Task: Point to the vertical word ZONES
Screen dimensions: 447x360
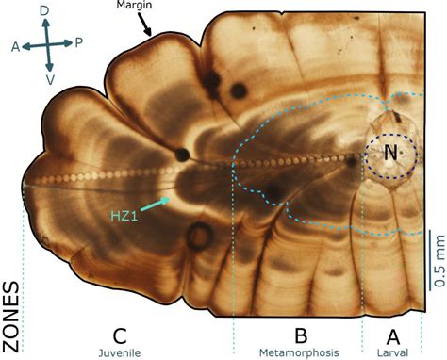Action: click(12, 311)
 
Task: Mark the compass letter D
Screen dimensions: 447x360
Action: click(45, 9)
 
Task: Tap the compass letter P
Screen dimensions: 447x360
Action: click(79, 41)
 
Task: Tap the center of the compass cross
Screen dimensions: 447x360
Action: click(47, 44)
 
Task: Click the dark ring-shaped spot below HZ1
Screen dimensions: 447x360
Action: click(198, 237)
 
